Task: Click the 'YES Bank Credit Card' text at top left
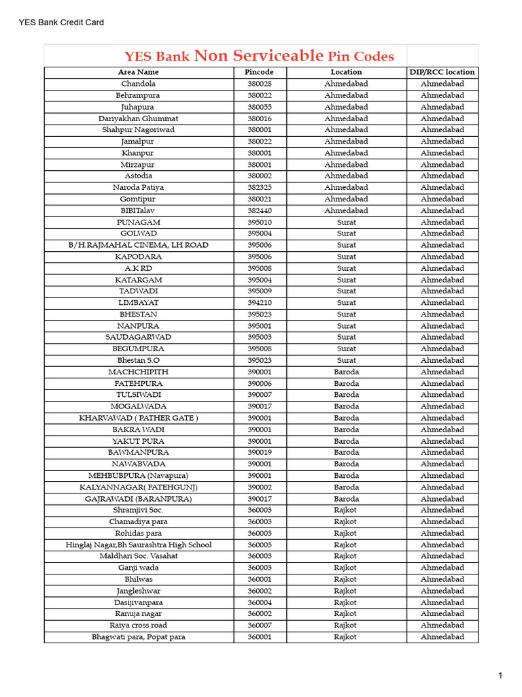pos(61,22)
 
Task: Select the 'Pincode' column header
pos(259,72)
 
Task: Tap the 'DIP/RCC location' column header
pos(442,72)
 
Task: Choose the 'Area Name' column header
pos(138,72)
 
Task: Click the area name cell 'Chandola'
pos(138,84)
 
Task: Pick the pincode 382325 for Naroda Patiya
pos(259,187)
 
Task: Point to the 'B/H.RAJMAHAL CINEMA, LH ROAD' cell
pos(138,245)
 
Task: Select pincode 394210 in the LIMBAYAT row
pos(259,302)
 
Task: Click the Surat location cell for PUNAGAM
pos(346,222)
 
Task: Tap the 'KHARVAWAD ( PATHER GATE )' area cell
pos(138,418)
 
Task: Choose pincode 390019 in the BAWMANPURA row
pos(259,452)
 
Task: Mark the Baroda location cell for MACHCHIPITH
pos(346,372)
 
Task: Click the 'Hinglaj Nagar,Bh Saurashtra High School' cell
pos(138,545)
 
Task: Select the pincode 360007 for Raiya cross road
pos(259,625)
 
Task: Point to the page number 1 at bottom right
pos(500,675)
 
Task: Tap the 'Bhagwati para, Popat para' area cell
pos(138,637)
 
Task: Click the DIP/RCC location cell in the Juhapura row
pos(442,107)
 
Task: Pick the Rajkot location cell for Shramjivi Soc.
pos(346,510)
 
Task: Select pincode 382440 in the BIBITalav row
pos(259,210)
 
